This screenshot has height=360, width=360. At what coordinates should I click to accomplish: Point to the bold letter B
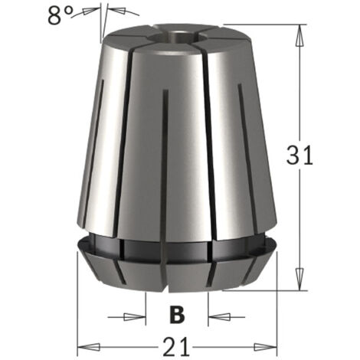point(178,314)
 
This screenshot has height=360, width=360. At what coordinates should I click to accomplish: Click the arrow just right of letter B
point(214,315)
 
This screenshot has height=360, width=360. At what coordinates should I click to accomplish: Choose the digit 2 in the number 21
point(172,344)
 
